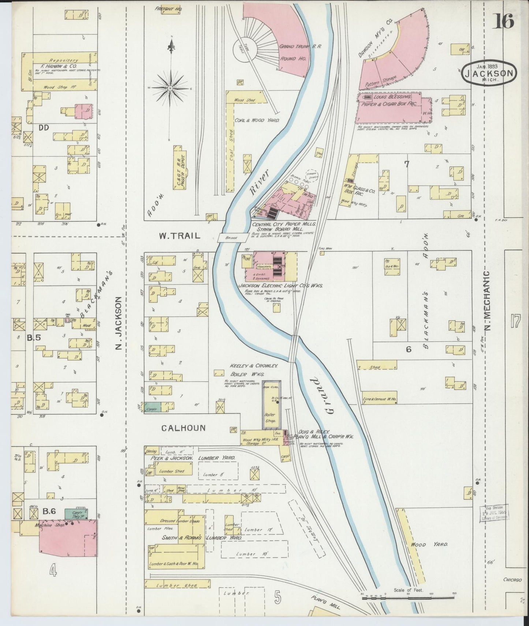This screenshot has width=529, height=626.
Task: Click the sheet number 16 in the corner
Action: (x=504, y=21)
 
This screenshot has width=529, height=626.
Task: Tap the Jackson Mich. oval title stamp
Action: (x=489, y=73)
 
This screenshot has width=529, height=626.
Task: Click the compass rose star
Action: (x=171, y=88)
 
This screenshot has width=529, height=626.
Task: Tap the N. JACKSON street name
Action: (x=118, y=323)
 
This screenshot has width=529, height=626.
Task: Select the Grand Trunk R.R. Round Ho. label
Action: (x=295, y=52)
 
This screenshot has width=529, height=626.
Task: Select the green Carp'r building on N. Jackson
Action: (x=154, y=406)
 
